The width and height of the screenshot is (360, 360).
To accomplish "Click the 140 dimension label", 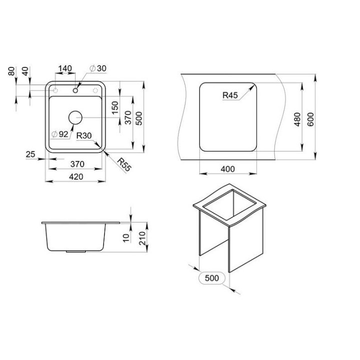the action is pyautogui.click(x=65, y=68).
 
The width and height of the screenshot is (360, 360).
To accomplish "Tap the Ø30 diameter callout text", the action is pyautogui.click(x=98, y=68).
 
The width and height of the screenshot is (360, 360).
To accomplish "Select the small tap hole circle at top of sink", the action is pyautogui.click(x=75, y=90).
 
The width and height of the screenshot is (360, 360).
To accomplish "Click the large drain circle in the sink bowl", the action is pyautogui.click(x=75, y=117).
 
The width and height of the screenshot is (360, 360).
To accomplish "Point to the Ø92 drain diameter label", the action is pyautogui.click(x=60, y=134).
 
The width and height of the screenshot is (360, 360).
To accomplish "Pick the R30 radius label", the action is pyautogui.click(x=84, y=135).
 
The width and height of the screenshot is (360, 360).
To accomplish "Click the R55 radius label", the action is pyautogui.click(x=124, y=164).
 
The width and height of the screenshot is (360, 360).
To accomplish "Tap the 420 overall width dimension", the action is pyautogui.click(x=76, y=177).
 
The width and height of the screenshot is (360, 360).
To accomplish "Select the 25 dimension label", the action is pyautogui.click(x=30, y=154).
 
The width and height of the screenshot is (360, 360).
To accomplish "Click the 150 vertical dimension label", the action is pyautogui.click(x=115, y=107).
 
